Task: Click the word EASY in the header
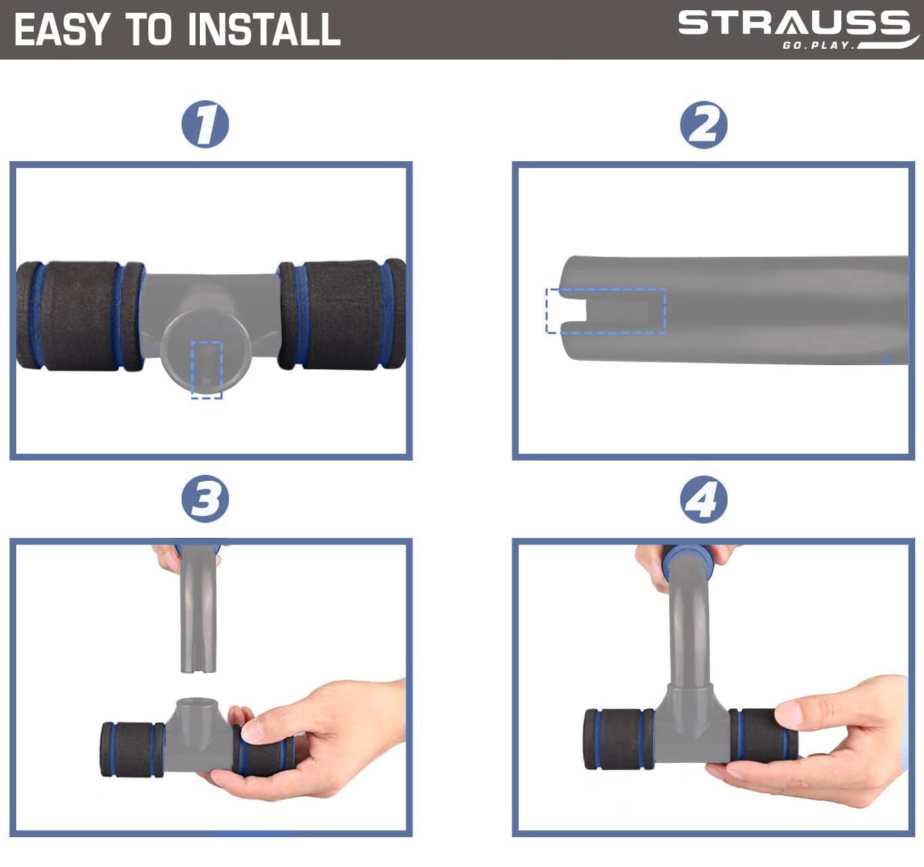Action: (x=62, y=29)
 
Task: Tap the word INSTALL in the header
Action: (x=264, y=29)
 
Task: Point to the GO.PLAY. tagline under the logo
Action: (x=818, y=45)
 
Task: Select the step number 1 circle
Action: (x=205, y=124)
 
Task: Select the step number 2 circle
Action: (x=703, y=125)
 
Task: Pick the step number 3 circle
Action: (x=205, y=499)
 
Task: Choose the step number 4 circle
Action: (x=703, y=499)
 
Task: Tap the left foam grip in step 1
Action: (x=80, y=316)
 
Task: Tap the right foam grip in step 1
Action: (x=342, y=314)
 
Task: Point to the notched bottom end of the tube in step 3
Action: (x=198, y=663)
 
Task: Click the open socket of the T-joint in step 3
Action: (x=196, y=702)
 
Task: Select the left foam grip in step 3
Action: (x=133, y=749)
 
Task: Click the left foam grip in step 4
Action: (x=619, y=739)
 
